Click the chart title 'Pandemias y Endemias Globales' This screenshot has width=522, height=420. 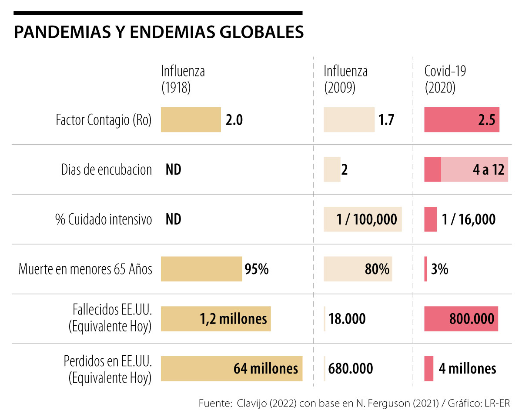tap(158, 33)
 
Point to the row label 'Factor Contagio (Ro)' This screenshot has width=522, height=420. tap(104, 120)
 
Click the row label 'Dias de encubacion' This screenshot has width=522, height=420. tap(107, 170)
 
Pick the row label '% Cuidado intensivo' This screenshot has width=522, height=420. tap(104, 219)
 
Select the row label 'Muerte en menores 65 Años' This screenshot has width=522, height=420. tap(85, 269)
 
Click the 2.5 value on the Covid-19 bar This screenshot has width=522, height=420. tap(486, 120)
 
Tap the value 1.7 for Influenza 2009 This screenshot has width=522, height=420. tap(386, 120)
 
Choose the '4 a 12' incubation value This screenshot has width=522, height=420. tap(489, 170)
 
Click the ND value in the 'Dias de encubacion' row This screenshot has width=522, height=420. tap(173, 170)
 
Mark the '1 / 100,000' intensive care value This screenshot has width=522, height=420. tap(366, 219)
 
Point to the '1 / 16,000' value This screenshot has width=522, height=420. tap(468, 219)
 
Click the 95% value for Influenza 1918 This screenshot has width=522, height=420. tap(256, 269)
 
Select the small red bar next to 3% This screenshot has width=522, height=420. tap(425, 269)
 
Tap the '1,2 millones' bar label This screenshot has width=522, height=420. tap(233, 319)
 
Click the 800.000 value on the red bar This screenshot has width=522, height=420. tap(472, 319)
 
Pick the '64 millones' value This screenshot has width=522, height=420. tap(265, 369)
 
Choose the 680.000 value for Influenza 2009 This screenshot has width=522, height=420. tap(351, 369)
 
